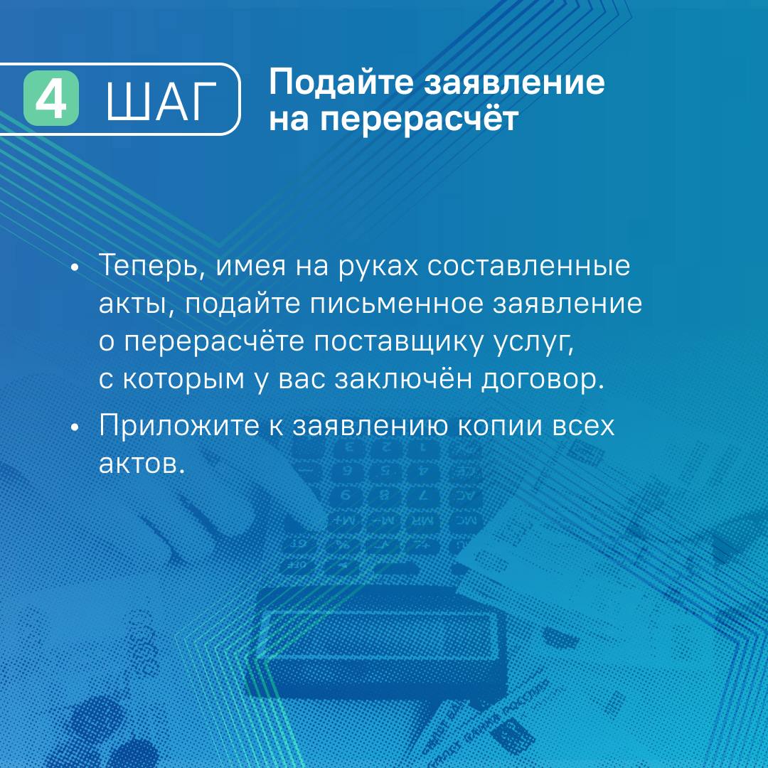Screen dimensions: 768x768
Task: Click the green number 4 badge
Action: [x=51, y=98]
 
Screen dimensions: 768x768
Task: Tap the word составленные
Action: [x=528, y=267]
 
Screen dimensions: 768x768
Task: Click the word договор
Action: [x=542, y=380]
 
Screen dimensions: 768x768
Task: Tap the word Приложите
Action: [x=178, y=426]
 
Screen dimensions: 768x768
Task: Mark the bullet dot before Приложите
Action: [x=75, y=427]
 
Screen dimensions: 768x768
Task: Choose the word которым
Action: [x=183, y=380]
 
